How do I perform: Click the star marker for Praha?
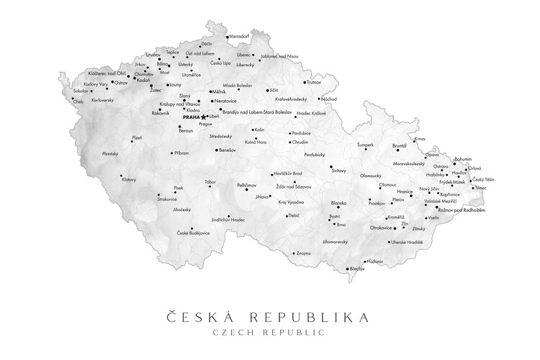coord(204,117)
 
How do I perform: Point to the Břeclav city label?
coord(356,269)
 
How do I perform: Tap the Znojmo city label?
coord(303,253)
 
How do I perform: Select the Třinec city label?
coord(480,188)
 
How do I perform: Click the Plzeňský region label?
coord(110,153)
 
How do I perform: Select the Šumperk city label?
coord(366,145)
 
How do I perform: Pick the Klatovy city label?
coord(129,179)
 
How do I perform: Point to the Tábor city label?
coord(210,181)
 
